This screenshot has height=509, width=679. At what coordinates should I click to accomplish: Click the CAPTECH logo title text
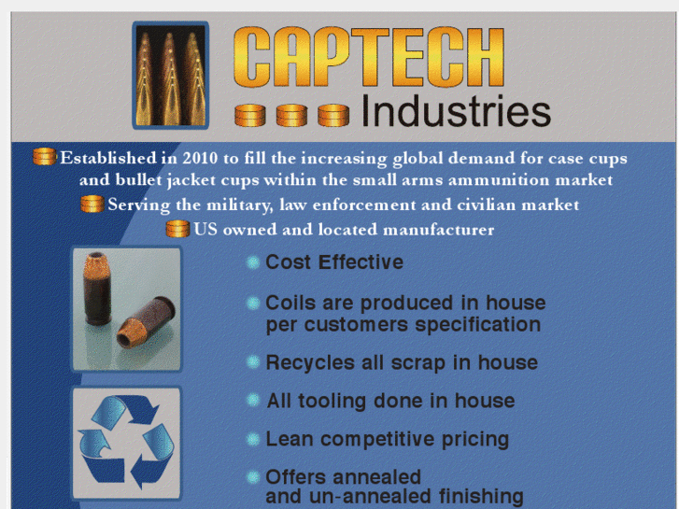click(x=370, y=58)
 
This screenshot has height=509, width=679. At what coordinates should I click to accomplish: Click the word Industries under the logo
click(x=455, y=111)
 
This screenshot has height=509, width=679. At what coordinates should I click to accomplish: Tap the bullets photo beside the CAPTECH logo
click(x=170, y=75)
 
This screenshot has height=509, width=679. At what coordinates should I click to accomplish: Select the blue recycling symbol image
click(x=126, y=442)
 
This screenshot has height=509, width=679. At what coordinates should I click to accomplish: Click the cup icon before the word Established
click(x=44, y=157)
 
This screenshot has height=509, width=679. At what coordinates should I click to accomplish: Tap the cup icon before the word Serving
click(x=92, y=204)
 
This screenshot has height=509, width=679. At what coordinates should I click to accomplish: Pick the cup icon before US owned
click(x=177, y=228)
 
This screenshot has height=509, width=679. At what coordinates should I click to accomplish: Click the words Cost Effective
click(x=334, y=262)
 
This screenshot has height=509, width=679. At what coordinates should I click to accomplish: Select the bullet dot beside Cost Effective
click(x=253, y=263)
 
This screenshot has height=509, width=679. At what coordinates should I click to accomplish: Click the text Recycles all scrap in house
click(x=402, y=362)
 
